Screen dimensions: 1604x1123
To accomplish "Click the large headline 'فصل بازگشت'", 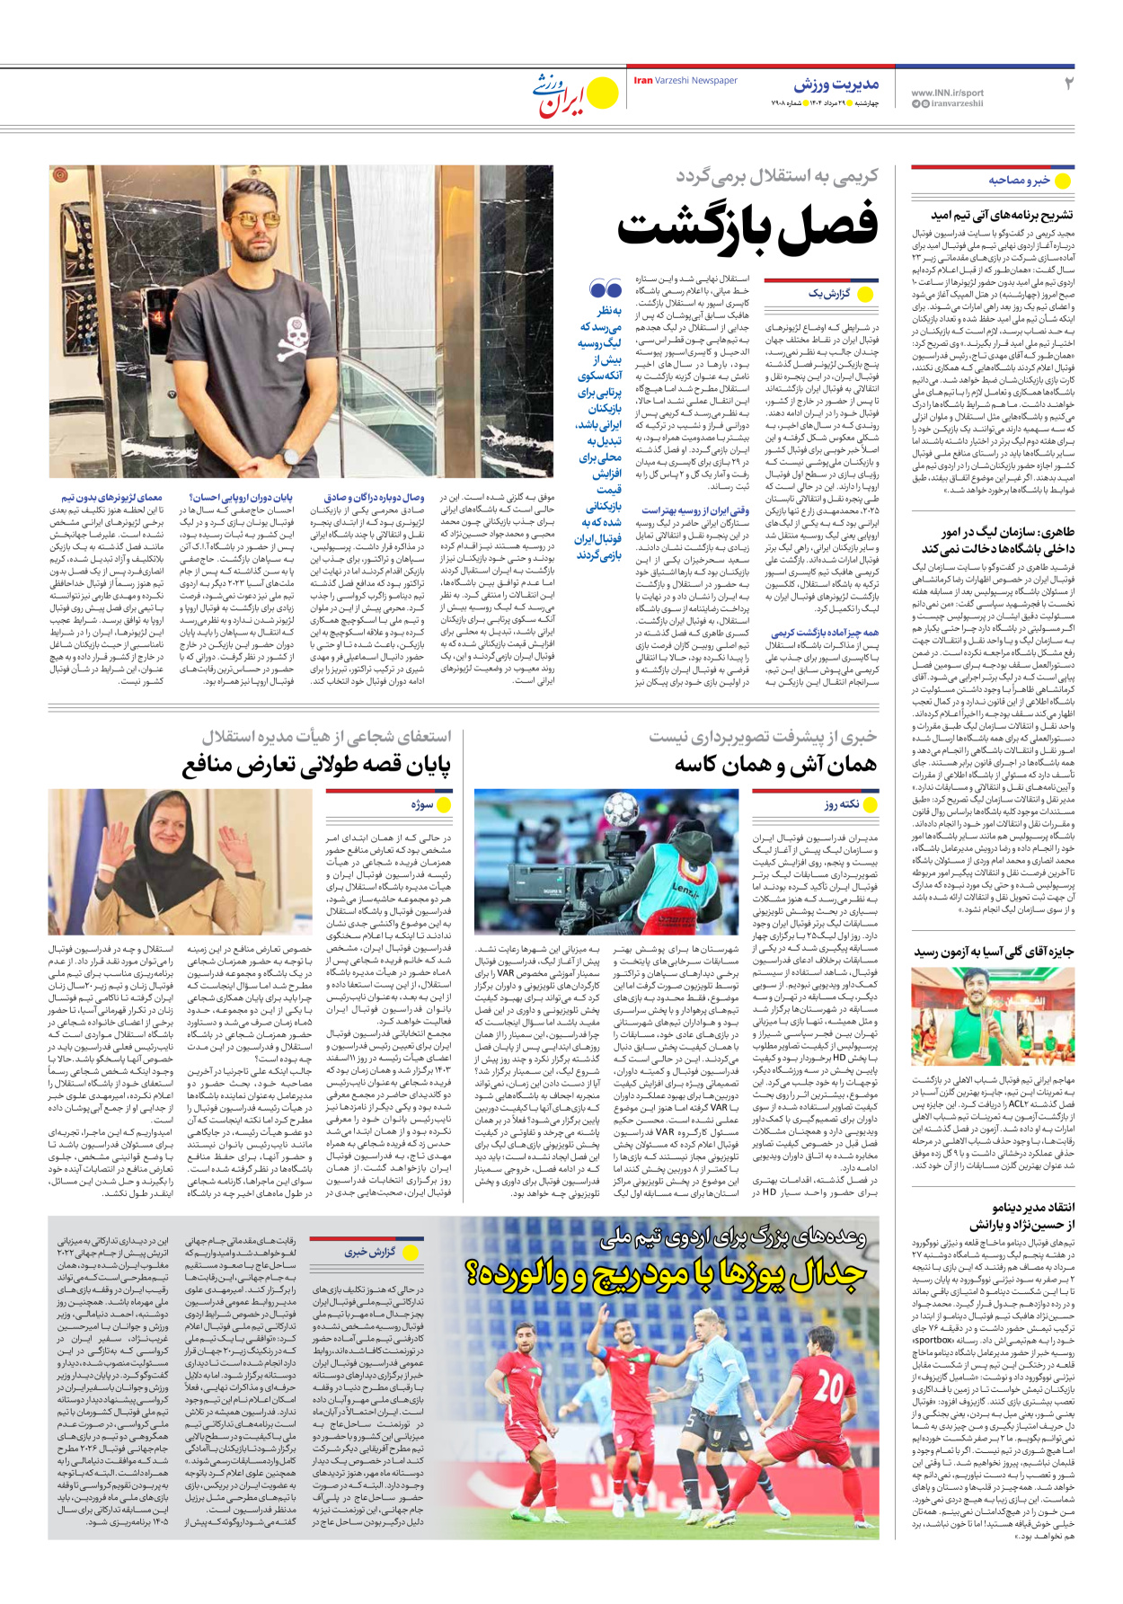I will [x=747, y=226].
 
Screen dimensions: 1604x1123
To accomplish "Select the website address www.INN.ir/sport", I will [x=947, y=93].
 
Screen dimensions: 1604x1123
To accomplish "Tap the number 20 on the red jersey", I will [x=827, y=1387].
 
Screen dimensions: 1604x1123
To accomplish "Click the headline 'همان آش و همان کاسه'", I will [x=775, y=765].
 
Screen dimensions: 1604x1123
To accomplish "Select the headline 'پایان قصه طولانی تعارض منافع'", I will [x=316, y=765].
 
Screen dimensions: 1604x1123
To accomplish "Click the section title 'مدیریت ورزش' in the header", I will [x=836, y=84].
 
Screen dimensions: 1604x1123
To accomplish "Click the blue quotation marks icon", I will [x=606, y=289].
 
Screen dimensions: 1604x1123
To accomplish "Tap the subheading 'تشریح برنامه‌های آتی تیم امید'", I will [x=1002, y=216].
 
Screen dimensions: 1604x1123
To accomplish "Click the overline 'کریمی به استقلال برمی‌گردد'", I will [x=776, y=176].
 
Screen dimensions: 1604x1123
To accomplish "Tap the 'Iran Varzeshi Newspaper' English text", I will [x=685, y=81].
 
